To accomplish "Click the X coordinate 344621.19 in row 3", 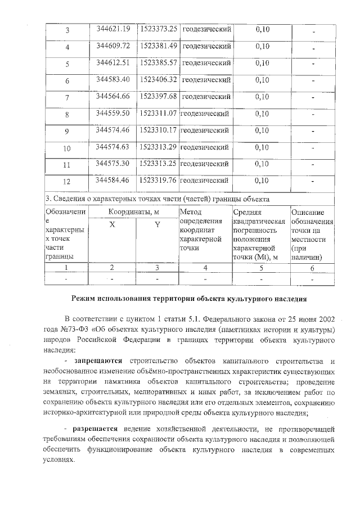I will coord(113,29).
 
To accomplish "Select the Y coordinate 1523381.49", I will coord(158,46).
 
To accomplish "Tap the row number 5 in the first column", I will coord(67,64).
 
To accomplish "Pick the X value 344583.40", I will coord(113,79).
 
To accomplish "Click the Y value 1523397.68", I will coord(158,96).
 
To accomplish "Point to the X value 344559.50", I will coord(113,113).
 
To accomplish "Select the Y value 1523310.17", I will coord(158,130).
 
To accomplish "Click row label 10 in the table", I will coord(67,149).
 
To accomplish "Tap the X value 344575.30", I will coord(113,164).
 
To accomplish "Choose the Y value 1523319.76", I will coord(158,181).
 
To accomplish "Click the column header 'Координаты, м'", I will coord(133,213).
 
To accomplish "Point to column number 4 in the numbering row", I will coord(205,268).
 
